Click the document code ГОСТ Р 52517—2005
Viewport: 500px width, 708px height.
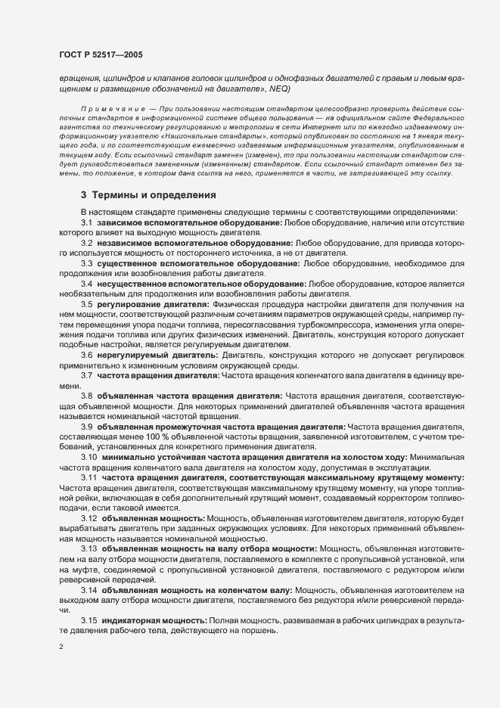click(98, 54)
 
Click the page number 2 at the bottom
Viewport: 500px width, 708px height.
click(61, 647)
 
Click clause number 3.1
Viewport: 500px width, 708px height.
click(87, 222)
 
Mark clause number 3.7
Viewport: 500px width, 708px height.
click(87, 374)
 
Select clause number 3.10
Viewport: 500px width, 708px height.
click(89, 457)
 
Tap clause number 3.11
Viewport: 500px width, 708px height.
click(89, 478)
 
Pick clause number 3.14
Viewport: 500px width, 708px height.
click(89, 588)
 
